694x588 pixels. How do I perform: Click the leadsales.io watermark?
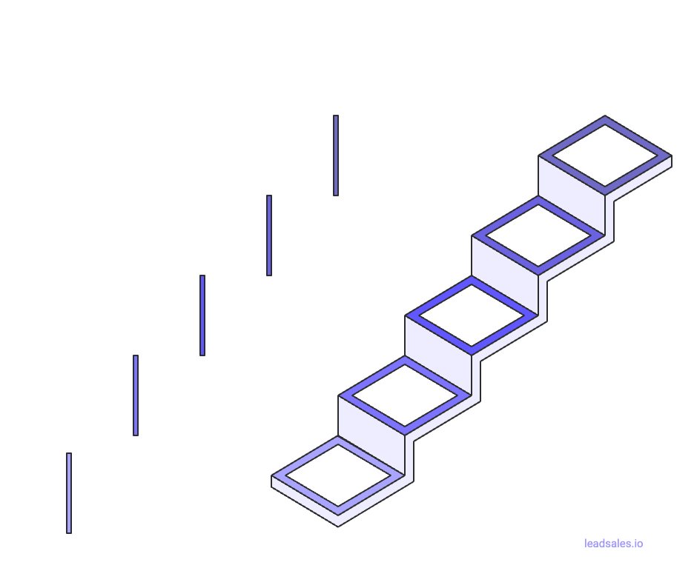[613, 544]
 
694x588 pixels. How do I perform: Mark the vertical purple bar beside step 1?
[68, 492]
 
